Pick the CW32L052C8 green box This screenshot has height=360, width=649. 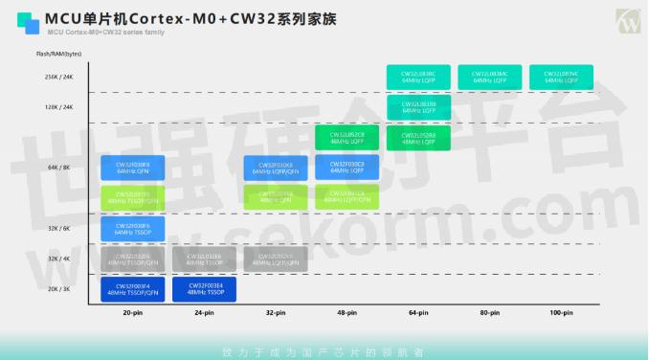coord(347,138)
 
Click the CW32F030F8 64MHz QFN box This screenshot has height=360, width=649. coord(132,169)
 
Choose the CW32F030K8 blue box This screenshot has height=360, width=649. coord(276,169)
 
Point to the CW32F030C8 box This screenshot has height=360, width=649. coord(347,169)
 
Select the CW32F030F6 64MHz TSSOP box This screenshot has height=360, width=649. coord(132,229)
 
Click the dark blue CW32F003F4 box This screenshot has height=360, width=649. coord(132,289)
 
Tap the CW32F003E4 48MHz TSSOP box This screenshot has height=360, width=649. coord(205,289)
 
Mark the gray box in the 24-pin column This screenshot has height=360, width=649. coord(205,259)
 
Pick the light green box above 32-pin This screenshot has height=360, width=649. coord(276,198)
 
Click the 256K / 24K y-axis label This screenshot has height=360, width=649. coord(56,77)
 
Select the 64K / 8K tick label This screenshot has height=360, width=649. coord(58,168)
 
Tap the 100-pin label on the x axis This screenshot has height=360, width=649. coord(561,313)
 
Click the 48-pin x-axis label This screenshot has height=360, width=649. coord(347,313)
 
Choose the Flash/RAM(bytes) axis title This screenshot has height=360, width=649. coord(58,55)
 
